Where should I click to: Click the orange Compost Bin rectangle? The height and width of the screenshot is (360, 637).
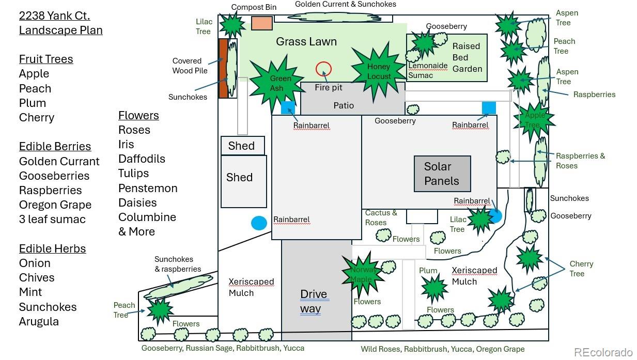point(262,23)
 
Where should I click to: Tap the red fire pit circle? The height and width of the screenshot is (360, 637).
point(323,68)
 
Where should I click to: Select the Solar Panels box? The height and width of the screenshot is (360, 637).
point(442,174)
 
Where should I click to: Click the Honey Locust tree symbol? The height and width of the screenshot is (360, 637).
point(379,71)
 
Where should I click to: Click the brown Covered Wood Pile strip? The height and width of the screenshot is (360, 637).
point(223,68)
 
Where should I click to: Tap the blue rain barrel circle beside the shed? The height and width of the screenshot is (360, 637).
point(259,223)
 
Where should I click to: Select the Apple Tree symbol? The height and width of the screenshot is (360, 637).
point(533,120)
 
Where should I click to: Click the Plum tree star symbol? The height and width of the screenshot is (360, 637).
point(434,287)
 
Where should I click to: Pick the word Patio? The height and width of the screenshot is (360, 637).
point(344,105)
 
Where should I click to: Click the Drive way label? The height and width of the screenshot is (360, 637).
point(314,301)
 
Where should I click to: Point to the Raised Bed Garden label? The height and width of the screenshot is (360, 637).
point(467,57)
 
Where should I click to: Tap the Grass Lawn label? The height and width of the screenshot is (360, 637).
point(306,41)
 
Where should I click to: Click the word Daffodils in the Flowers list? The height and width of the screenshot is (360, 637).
point(142,159)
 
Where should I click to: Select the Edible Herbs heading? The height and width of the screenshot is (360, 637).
point(52,248)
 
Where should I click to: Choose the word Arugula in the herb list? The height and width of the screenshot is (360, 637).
point(39,321)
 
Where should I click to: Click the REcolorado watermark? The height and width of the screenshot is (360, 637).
point(603,352)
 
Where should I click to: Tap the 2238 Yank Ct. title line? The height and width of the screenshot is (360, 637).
point(54,15)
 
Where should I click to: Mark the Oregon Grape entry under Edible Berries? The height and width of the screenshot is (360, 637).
point(55,205)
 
